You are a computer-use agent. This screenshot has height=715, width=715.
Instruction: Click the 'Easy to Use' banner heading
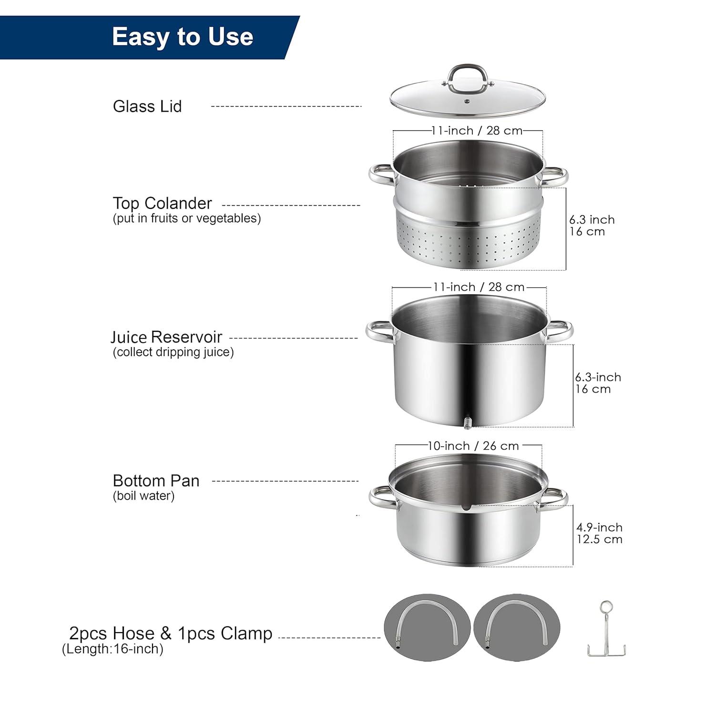(x=182, y=37)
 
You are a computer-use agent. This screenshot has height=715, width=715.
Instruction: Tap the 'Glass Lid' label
(x=147, y=106)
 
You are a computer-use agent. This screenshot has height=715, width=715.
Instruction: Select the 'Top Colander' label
(x=162, y=204)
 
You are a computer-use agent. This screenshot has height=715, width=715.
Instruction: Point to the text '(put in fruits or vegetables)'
(x=187, y=218)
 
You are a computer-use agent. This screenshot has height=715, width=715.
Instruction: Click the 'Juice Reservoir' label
(x=166, y=337)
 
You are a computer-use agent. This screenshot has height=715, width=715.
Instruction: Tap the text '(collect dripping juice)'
(x=174, y=352)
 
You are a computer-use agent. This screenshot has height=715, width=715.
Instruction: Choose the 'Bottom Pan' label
(x=156, y=480)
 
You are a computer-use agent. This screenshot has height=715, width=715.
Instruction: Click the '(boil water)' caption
(x=144, y=496)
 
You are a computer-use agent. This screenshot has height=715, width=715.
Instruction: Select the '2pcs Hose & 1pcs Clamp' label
(x=171, y=633)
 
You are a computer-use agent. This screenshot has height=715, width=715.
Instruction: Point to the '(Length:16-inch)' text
(x=113, y=649)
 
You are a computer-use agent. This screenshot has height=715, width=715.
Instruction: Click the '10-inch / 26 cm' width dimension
(x=473, y=446)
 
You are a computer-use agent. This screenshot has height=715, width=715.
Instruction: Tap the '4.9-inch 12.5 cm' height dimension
(x=599, y=533)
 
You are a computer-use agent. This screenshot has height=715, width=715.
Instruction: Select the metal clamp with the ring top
(x=606, y=628)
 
